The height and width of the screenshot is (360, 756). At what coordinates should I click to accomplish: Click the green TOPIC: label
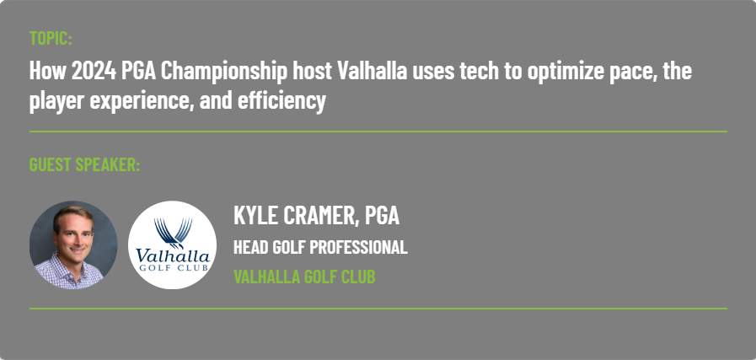click(51, 38)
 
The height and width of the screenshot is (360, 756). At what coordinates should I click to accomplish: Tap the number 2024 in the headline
click(94, 71)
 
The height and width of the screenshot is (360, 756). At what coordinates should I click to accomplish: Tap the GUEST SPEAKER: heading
click(84, 164)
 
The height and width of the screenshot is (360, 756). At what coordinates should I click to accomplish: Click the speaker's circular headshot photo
click(73, 244)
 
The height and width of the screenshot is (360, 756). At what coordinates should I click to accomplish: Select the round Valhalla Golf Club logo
click(172, 244)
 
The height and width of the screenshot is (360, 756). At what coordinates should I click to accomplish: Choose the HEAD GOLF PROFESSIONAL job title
click(320, 247)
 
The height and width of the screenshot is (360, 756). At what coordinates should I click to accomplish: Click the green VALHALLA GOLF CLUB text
click(304, 277)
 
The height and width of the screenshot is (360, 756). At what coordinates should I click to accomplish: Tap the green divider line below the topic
click(378, 132)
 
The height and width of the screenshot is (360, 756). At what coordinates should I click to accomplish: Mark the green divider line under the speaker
click(378, 309)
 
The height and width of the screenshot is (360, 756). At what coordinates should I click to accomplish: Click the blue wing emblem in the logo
click(173, 233)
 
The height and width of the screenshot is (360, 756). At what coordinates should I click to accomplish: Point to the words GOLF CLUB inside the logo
click(173, 267)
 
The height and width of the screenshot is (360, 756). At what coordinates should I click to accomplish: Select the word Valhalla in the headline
click(372, 71)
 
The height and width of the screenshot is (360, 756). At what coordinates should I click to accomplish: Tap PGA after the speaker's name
click(382, 215)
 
